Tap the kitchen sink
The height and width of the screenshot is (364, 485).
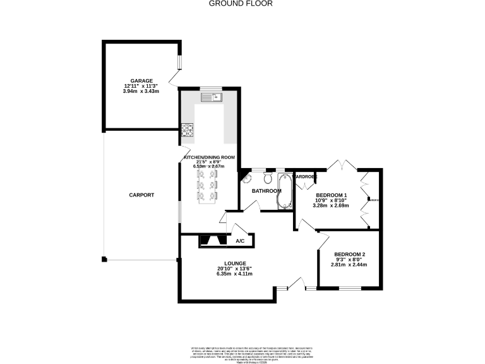coord(212,97)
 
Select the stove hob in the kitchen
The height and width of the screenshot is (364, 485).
coord(188,130)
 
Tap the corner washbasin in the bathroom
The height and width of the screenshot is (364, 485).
coord(247,179)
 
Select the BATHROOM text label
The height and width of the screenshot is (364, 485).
coord(266,191)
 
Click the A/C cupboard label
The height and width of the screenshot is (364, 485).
coord(240,241)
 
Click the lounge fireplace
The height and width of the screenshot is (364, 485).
coord(211,240)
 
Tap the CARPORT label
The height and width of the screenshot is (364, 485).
coord(141,195)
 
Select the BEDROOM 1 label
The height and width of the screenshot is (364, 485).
coord(332,195)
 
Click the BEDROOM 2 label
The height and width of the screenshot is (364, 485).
coord(349,254)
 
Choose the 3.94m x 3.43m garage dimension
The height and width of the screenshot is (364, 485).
coord(141,92)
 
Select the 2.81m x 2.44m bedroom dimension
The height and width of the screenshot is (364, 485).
coord(349,265)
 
